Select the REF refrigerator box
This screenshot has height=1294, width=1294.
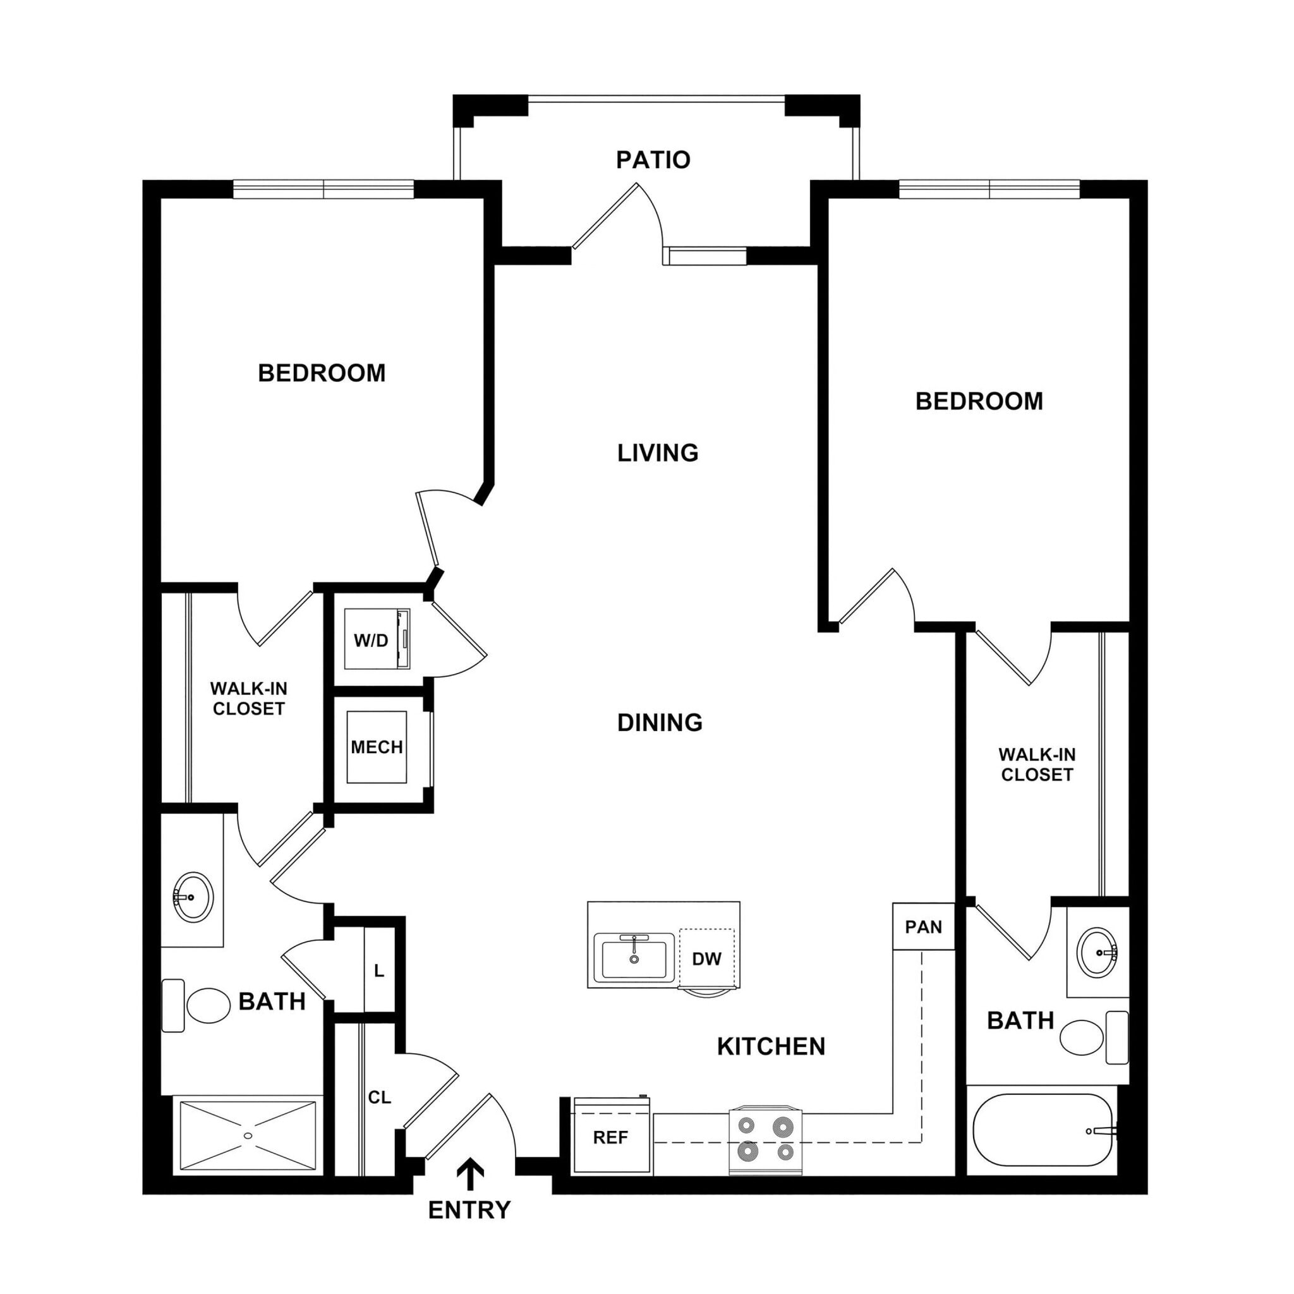611,1137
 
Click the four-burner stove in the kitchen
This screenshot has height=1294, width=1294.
765,1140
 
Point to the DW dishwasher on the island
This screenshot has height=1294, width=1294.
706,959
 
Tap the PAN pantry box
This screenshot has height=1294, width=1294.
923,927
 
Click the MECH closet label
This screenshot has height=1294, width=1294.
377,747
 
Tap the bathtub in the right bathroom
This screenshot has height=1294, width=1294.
1042,1130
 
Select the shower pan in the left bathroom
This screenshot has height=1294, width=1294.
248,1135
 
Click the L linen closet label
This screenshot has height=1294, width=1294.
379,970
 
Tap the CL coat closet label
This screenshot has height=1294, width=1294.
379,1097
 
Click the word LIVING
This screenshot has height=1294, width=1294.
657,453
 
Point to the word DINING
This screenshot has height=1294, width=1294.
659,722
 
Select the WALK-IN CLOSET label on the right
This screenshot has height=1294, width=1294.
1036,765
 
